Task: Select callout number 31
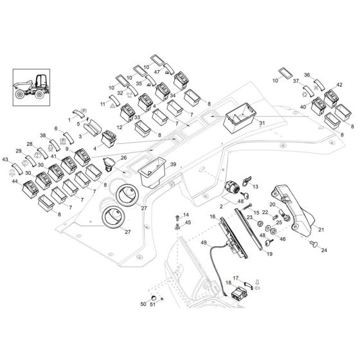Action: coord(261,123)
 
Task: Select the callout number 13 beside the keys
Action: coord(255,186)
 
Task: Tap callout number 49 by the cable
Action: coord(204,242)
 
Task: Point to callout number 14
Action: coord(187,215)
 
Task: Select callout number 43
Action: coord(6,159)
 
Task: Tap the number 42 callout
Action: coord(339,84)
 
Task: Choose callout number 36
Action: coord(307,75)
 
